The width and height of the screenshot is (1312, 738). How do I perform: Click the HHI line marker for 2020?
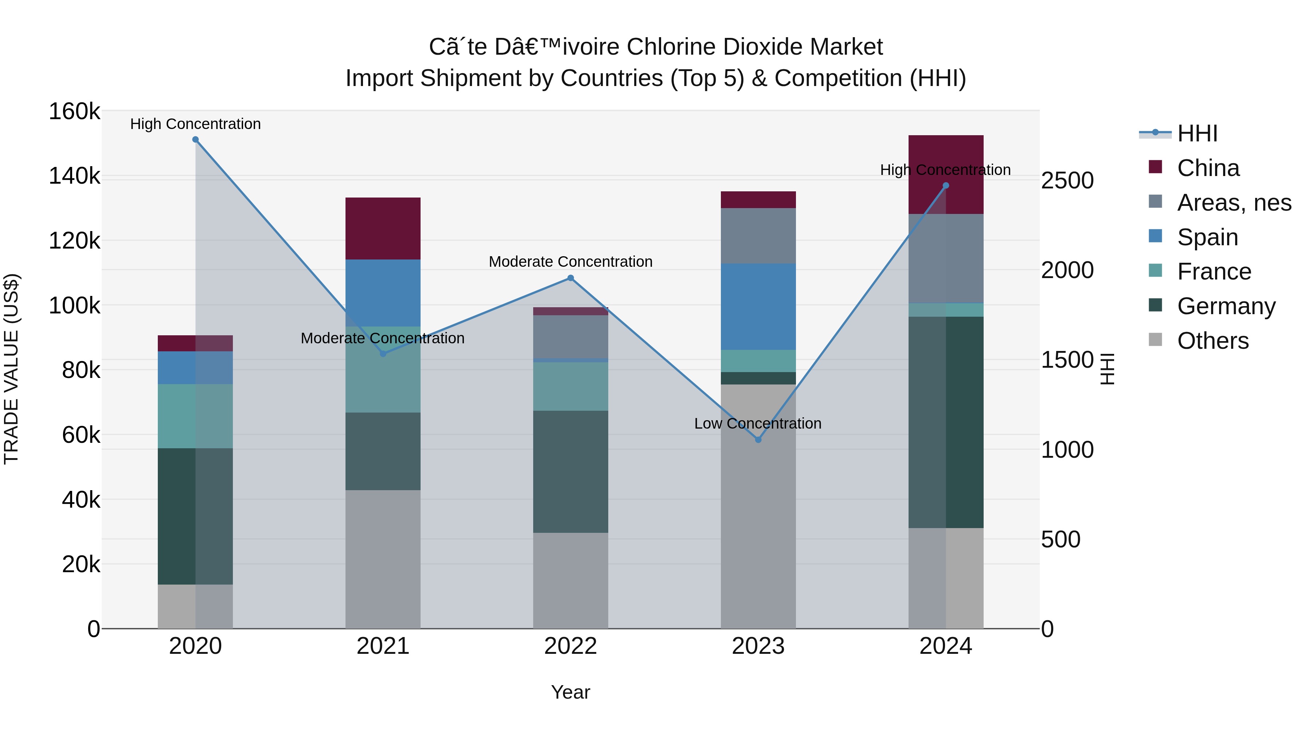(x=196, y=140)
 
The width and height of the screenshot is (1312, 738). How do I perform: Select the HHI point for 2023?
(x=758, y=440)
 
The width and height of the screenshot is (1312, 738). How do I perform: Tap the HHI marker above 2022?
(x=570, y=278)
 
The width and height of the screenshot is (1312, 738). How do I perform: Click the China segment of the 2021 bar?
(x=383, y=229)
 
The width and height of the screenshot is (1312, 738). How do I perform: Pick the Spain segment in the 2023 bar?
(x=758, y=306)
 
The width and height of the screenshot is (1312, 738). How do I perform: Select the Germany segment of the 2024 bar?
(x=946, y=422)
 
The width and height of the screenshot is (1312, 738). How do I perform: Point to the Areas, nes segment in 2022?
(x=570, y=337)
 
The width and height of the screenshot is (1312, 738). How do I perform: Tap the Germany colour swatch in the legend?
(x=1156, y=306)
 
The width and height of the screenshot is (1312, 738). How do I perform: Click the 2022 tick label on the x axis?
(x=570, y=646)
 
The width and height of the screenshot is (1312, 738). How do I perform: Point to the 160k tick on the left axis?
(x=74, y=111)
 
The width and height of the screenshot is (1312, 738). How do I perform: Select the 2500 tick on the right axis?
(x=1067, y=180)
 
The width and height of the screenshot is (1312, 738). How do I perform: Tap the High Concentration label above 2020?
(x=196, y=124)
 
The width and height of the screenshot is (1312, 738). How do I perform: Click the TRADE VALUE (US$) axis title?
(x=11, y=369)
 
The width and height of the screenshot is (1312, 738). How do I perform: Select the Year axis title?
(x=570, y=692)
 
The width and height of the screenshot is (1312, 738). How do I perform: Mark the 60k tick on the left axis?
(x=81, y=435)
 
